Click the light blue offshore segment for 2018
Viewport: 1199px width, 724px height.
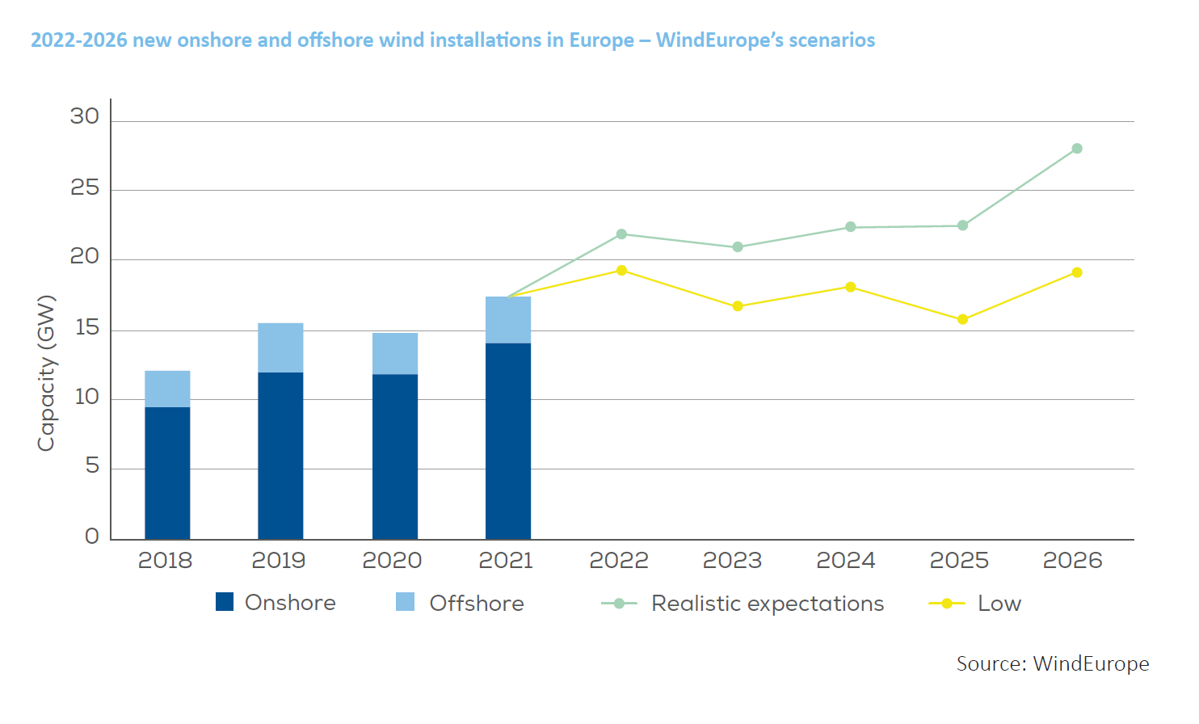167,389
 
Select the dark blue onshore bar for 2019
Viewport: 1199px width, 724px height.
280,456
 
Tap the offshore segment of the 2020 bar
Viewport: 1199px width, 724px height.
395,353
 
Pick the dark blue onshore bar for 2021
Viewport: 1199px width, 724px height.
508,440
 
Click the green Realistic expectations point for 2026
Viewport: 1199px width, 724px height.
1077,149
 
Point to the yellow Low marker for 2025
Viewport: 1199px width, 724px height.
962,319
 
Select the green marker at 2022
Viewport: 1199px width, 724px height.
621,234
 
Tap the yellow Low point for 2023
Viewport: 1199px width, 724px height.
738,306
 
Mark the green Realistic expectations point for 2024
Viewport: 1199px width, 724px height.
851,227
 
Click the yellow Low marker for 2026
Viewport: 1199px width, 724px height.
1077,272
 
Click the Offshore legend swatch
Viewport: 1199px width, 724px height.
405,602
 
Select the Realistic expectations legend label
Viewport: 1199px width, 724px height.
768,604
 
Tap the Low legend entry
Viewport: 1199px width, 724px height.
999,604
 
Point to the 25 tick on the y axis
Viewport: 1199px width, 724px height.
84,188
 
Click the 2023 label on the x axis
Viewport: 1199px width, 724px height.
732,561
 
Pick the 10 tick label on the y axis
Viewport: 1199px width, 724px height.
86,398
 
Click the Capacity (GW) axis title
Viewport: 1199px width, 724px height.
46,373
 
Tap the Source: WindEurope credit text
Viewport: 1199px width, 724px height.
1052,664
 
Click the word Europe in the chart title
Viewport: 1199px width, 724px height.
601,40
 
